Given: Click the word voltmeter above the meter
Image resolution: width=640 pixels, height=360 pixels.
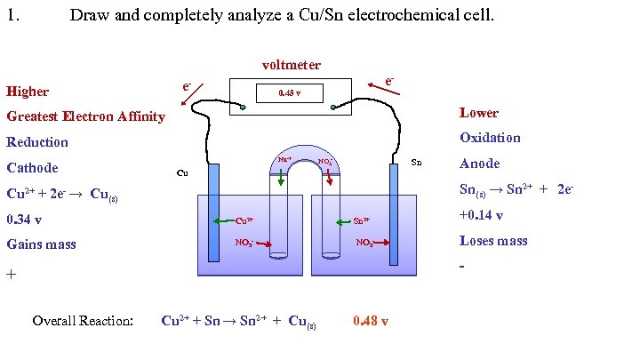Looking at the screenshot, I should pos(291,65).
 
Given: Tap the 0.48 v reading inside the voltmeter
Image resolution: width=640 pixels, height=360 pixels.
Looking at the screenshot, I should pos(291,93).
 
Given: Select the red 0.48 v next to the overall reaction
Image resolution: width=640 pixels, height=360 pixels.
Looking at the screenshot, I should pos(370,321).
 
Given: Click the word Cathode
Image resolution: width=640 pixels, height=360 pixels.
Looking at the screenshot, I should pos(32,168).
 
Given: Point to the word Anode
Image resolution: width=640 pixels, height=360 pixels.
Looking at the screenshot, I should pos(479,164).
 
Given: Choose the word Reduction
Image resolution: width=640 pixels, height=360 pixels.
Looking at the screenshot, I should pos(37,142).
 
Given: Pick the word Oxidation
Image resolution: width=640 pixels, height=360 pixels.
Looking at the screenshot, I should pos(490,138).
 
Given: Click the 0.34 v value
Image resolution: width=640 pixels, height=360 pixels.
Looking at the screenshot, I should pos(25,219).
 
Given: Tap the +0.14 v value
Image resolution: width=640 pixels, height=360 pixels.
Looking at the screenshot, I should pos(481,215).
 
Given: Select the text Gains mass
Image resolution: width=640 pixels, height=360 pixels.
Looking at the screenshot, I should pos(41,244).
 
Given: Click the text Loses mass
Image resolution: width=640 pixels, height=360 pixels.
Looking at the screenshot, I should pos(493,241).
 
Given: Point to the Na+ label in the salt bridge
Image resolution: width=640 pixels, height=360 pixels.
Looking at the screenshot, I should pos(285,160).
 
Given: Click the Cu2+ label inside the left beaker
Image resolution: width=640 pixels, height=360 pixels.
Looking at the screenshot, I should pos(244,220).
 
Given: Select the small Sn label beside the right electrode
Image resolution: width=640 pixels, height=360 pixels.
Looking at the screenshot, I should pos(415,164).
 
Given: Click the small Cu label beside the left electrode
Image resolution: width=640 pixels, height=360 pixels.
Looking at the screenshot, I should pos(182,172).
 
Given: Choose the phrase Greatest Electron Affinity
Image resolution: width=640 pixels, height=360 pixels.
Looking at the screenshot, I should pos(85,116).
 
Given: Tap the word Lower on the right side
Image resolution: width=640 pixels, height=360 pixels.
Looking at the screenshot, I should pos(478,113).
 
